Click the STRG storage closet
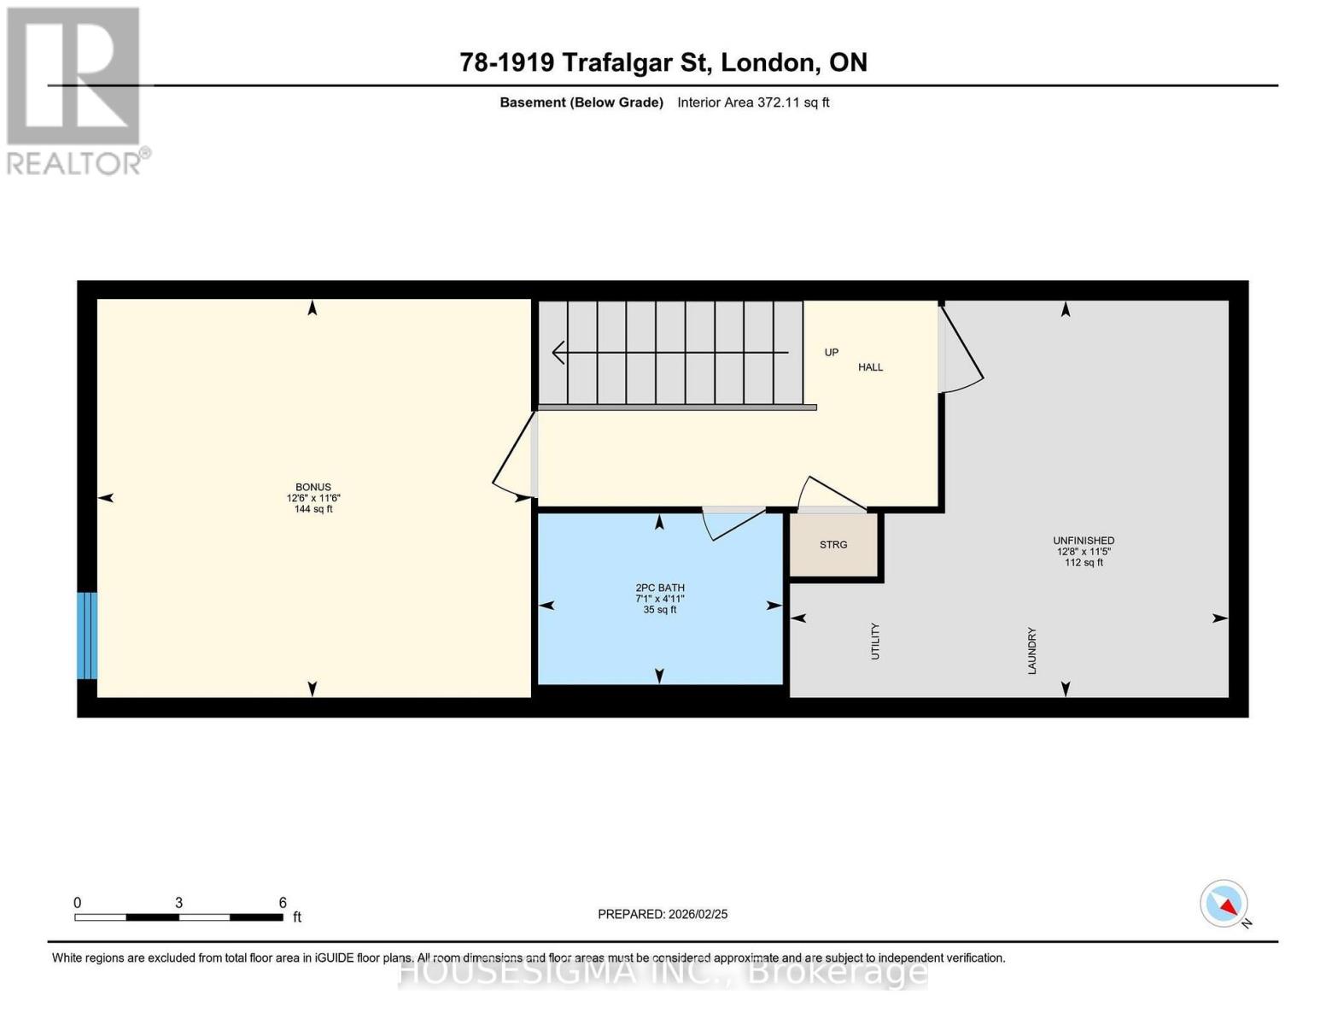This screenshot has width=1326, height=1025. point(833,544)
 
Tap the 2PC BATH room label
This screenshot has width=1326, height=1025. point(660,588)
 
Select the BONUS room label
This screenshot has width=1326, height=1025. point(313,487)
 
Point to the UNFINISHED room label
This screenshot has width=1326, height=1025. point(1084,541)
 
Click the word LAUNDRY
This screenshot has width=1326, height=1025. point(1032,651)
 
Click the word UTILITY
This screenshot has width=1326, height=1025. point(875,641)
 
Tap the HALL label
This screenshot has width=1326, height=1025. point(870,367)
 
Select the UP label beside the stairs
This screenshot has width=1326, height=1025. point(831,352)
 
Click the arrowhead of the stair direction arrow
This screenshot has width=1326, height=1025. point(558,352)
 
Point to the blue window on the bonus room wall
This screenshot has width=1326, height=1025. point(86,635)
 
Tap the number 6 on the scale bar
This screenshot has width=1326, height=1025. point(283,902)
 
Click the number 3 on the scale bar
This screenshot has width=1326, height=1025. point(178,902)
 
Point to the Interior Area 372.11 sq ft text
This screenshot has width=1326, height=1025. point(753,102)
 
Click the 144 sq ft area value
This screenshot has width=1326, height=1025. point(313,508)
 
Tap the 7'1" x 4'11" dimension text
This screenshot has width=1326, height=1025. point(660,598)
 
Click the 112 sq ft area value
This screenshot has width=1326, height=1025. point(1084,562)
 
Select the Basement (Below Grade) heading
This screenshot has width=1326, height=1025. point(581,102)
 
